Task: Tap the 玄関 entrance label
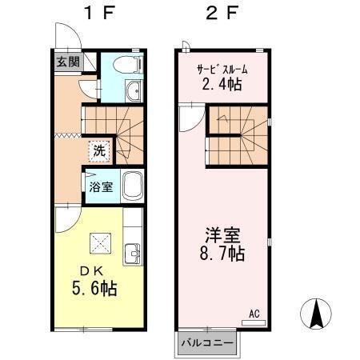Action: click(68, 62)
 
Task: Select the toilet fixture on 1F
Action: click(126, 64)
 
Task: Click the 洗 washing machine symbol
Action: click(99, 150)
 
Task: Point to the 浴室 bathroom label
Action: click(100, 186)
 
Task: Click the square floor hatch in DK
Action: click(100, 241)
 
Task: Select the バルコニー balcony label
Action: click(206, 342)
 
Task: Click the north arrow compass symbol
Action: click(316, 314)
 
